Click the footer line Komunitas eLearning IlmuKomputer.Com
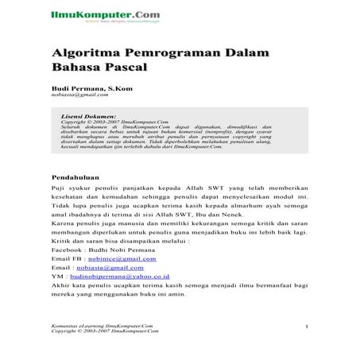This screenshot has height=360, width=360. tap(101, 326)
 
